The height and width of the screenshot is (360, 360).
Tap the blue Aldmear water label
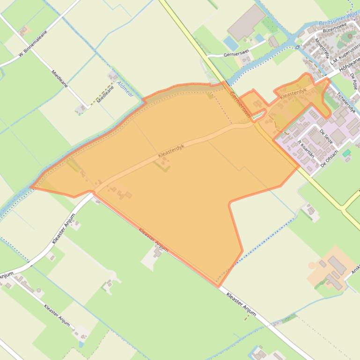pyautogui.click(x=125, y=87)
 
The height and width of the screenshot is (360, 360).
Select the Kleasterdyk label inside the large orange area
pyautogui.click(x=171, y=150)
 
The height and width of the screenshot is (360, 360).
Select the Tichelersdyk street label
pyautogui.click(x=346, y=102)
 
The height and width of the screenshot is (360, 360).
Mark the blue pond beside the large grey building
pyautogui.click(x=231, y=43)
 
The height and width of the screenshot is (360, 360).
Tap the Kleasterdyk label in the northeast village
pyautogui.click(x=293, y=93)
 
